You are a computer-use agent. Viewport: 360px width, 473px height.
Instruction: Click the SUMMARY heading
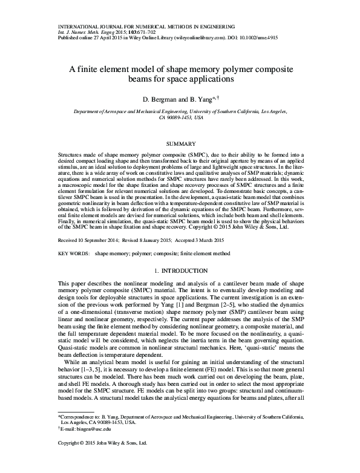(x=180, y=144)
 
